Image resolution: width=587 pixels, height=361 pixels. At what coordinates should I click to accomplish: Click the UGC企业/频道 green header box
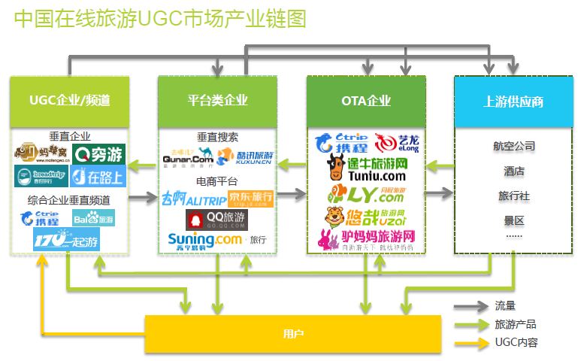68,101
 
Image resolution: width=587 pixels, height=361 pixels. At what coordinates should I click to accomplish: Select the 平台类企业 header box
217,101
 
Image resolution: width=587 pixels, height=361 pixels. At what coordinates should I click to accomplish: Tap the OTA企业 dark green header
366,101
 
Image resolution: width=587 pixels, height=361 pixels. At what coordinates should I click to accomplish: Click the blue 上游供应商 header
513,101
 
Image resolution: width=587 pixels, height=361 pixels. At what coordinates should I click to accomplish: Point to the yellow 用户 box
294,333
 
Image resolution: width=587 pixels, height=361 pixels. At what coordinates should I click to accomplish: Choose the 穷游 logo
100,155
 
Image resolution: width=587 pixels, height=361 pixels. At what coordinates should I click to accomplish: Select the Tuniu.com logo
367,169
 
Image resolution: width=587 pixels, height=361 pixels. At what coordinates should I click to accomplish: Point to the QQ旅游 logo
217,219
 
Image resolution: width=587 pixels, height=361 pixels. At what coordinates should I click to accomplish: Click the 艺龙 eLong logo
395,141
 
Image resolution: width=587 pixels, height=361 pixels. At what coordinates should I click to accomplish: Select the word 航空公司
514,146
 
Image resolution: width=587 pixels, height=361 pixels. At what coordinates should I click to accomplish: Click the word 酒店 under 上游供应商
514,171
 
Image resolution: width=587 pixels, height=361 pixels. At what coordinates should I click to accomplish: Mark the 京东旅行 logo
250,198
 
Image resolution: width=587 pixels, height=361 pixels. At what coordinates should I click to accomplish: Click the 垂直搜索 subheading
217,137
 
